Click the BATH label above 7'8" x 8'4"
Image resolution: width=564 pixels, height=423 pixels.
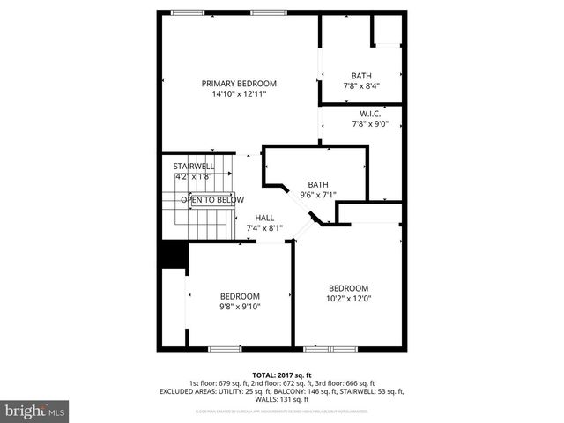coord(361,76)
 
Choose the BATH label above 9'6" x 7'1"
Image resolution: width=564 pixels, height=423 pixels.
coord(318,184)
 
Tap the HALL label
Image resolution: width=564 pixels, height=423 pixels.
coord(264,218)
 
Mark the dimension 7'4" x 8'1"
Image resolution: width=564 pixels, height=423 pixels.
coord(264,228)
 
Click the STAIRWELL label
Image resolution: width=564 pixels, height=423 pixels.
coord(194,166)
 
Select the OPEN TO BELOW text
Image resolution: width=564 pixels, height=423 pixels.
coord(212,200)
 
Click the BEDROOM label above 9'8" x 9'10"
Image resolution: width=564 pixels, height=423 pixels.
coord(240,296)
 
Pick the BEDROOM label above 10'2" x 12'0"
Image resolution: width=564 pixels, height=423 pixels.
coord(348,288)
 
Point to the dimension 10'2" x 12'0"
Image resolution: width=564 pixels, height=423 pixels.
coord(348,299)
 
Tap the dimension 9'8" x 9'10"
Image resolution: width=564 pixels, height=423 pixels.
coord(240,307)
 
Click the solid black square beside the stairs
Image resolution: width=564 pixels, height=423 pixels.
coord(174,255)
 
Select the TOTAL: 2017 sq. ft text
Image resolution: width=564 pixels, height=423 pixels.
coord(282,375)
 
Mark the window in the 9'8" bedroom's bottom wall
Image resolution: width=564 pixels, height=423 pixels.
coord(225,349)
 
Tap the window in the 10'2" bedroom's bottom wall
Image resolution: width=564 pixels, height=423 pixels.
coord(330,349)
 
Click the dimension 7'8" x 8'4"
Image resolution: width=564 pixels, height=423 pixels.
coord(361,86)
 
